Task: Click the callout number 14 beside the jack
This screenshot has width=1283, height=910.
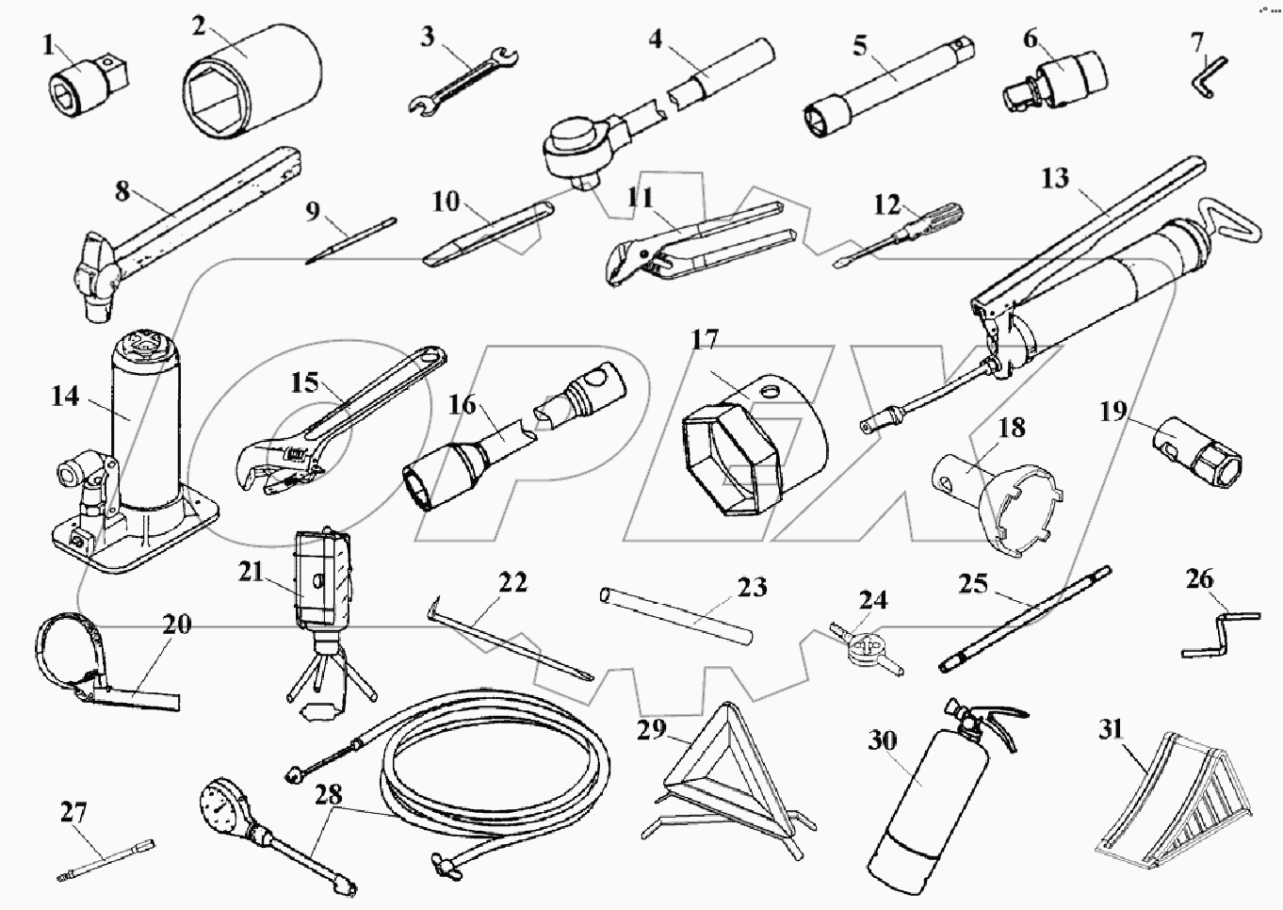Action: point(65,397)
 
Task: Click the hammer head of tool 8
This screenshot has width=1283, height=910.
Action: point(94,278)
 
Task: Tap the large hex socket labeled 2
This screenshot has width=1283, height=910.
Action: point(250,80)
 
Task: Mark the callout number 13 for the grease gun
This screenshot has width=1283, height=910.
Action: point(1056,176)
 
